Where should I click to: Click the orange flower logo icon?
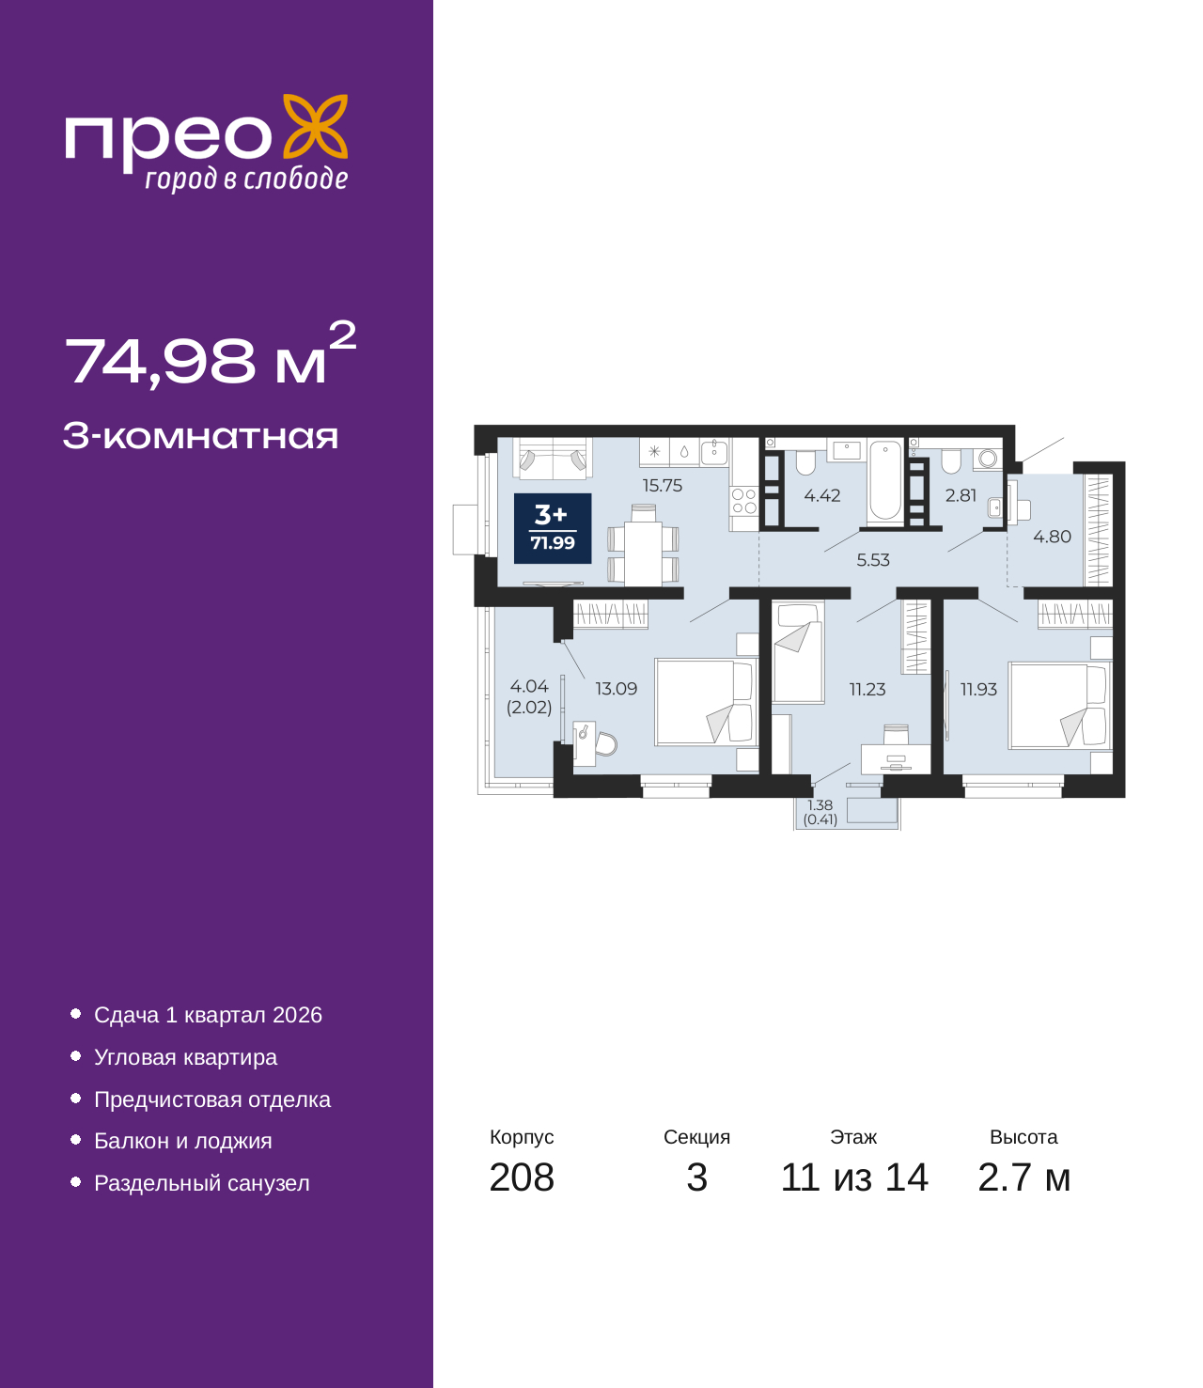315,126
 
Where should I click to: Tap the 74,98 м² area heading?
211,354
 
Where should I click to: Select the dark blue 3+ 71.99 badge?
552,528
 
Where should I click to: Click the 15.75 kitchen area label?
662,486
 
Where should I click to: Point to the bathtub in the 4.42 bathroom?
884,481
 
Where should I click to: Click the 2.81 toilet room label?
960,495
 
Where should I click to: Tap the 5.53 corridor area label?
872,560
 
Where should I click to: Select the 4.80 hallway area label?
1051,537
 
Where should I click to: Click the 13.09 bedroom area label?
616,689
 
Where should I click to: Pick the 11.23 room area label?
867,690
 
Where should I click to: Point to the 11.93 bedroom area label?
978,690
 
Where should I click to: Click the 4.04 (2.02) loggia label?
529,696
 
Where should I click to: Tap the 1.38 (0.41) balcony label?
820,812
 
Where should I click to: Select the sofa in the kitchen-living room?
553,459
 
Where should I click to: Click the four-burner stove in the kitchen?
743,501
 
